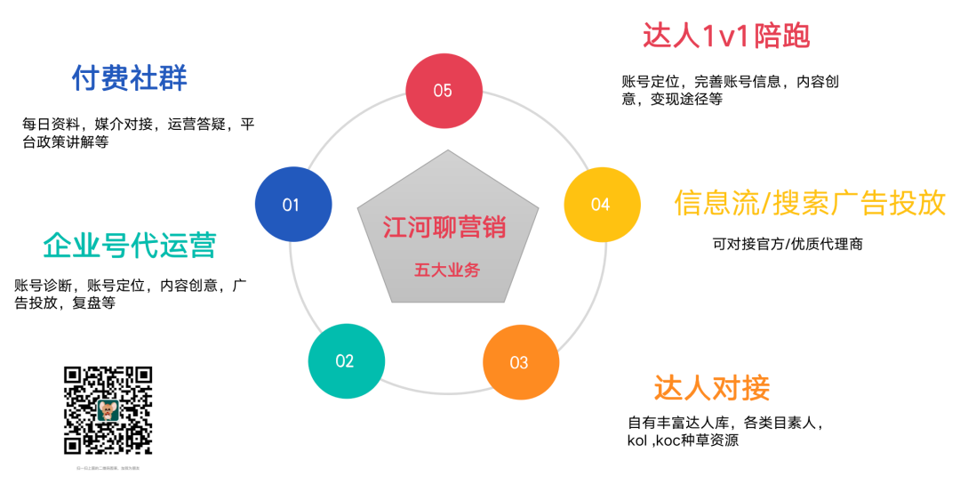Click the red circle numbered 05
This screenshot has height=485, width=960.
tap(443, 90)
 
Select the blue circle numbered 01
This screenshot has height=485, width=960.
tap(292, 205)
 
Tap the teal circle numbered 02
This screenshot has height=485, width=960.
tap(346, 360)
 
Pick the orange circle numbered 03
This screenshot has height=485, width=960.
tap(520, 362)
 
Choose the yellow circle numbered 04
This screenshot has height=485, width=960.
tap(602, 205)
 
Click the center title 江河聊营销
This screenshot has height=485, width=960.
tap(444, 227)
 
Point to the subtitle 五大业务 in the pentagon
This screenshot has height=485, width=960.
tap(446, 270)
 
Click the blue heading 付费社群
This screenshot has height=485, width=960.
tap(130, 78)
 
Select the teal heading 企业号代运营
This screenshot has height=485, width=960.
tap(130, 245)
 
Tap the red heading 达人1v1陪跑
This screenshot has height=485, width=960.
tap(726, 36)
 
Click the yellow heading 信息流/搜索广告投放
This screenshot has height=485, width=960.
tap(810, 203)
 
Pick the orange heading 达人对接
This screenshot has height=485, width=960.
tap(712, 387)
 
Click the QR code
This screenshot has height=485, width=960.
tap(108, 410)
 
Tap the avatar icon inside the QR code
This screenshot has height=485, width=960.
tap(108, 410)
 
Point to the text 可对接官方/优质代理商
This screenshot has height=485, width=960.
tap(788, 243)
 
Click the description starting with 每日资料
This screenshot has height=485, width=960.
tap(139, 133)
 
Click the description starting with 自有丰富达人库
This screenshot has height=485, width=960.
tap(725, 432)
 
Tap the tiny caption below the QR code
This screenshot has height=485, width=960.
tap(108, 467)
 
